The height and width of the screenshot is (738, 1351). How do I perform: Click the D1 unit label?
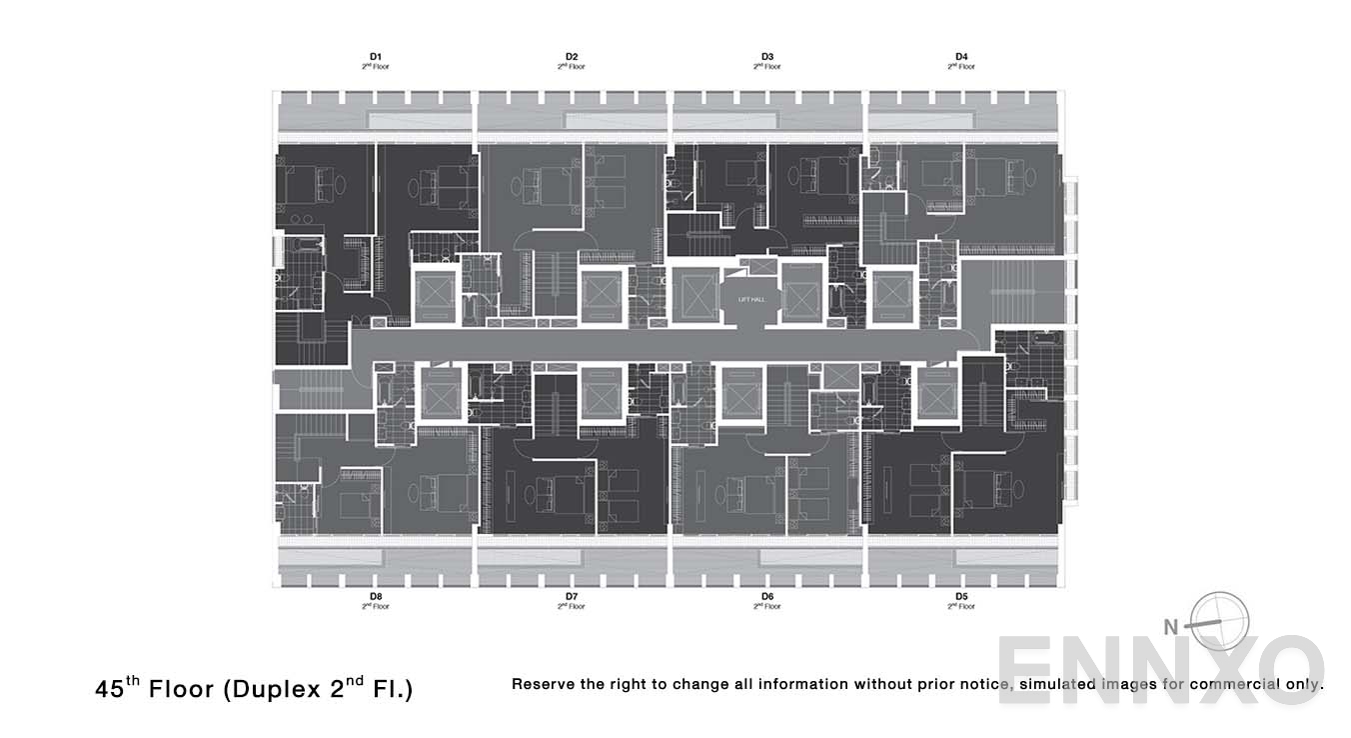click(x=376, y=56)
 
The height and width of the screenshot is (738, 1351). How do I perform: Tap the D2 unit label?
click(x=572, y=56)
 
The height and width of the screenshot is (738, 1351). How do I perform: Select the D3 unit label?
click(x=766, y=56)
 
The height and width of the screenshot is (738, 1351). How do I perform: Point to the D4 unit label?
click(x=961, y=56)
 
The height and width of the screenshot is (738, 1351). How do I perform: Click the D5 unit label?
click(x=961, y=596)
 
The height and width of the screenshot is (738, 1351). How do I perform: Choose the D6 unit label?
click(x=766, y=596)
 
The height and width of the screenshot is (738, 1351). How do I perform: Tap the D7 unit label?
click(x=572, y=596)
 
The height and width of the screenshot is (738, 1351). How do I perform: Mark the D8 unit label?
click(x=376, y=596)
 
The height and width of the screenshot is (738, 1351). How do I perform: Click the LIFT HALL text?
click(x=750, y=298)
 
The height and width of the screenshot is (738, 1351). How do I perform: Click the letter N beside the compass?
click(x=1171, y=628)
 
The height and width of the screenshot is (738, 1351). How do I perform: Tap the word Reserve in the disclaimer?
click(x=545, y=685)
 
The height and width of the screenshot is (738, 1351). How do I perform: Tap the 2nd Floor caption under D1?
click(x=376, y=67)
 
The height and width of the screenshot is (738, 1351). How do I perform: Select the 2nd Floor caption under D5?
click(x=961, y=606)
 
